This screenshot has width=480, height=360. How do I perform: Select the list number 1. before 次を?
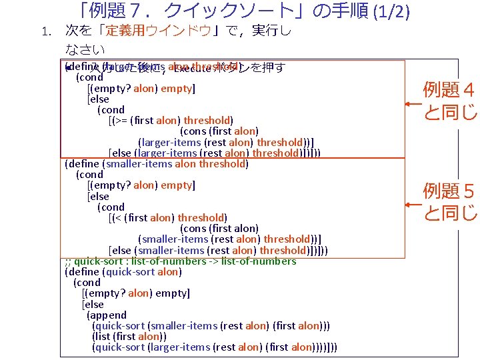pyautogui.click(x=45, y=32)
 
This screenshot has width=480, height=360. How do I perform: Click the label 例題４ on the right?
pyautogui.click(x=449, y=89)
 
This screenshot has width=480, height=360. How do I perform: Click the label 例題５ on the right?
pyautogui.click(x=449, y=193)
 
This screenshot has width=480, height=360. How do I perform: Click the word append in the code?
pyautogui.click(x=111, y=315)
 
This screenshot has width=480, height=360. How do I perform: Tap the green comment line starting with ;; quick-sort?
pyautogui.click(x=180, y=261)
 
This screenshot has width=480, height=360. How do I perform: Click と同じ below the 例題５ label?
pyautogui.click(x=449, y=213)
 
